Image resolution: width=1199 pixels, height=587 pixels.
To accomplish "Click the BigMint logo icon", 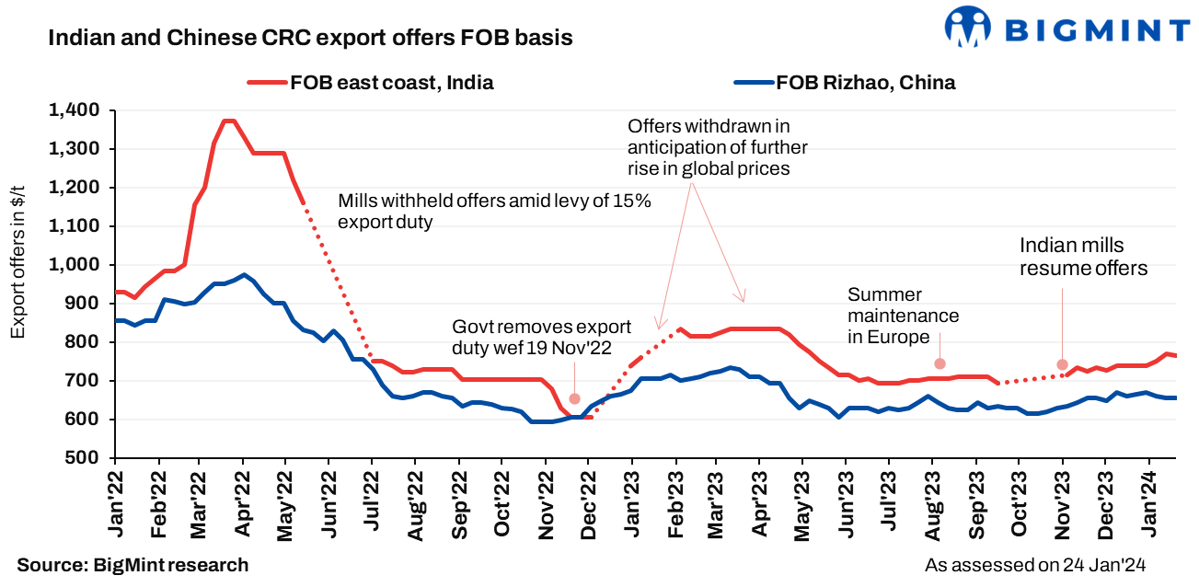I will pyautogui.click(x=969, y=28).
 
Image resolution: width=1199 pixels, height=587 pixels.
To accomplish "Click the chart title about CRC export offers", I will pyautogui.click(x=309, y=38).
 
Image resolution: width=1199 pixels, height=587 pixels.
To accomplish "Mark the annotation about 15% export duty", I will pyautogui.click(x=494, y=212).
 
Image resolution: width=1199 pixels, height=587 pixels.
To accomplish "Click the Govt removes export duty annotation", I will pyautogui.click(x=541, y=337).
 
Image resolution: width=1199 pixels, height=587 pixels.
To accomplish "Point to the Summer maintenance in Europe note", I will pyautogui.click(x=903, y=316).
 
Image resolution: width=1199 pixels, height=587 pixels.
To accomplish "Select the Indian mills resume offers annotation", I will pyautogui.click(x=1083, y=257).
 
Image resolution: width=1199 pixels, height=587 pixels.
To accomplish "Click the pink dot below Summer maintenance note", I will pyautogui.click(x=940, y=363).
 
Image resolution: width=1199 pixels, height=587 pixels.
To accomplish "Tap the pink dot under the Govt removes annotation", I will pyautogui.click(x=574, y=398).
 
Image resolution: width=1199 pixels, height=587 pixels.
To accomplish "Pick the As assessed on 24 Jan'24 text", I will pyautogui.click(x=1040, y=565).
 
